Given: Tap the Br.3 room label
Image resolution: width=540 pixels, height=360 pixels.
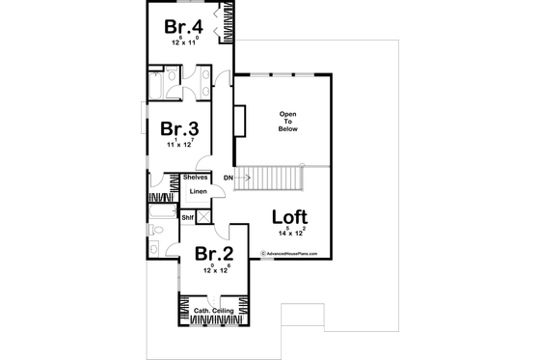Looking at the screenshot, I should (x=179, y=129).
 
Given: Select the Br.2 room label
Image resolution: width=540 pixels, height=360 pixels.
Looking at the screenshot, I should (x=213, y=255).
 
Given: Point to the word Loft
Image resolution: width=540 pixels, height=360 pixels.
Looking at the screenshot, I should (x=290, y=217).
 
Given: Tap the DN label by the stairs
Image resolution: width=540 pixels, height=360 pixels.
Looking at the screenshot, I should (x=229, y=179).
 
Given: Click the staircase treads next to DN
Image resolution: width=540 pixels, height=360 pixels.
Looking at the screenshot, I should (x=275, y=178).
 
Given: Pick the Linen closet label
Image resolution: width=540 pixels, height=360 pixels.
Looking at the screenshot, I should (x=198, y=191).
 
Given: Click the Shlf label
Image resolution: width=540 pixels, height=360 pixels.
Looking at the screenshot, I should (x=188, y=217).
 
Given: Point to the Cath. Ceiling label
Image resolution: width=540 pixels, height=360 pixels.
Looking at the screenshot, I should (x=213, y=311).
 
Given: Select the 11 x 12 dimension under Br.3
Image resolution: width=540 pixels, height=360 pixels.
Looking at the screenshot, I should (x=180, y=144).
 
